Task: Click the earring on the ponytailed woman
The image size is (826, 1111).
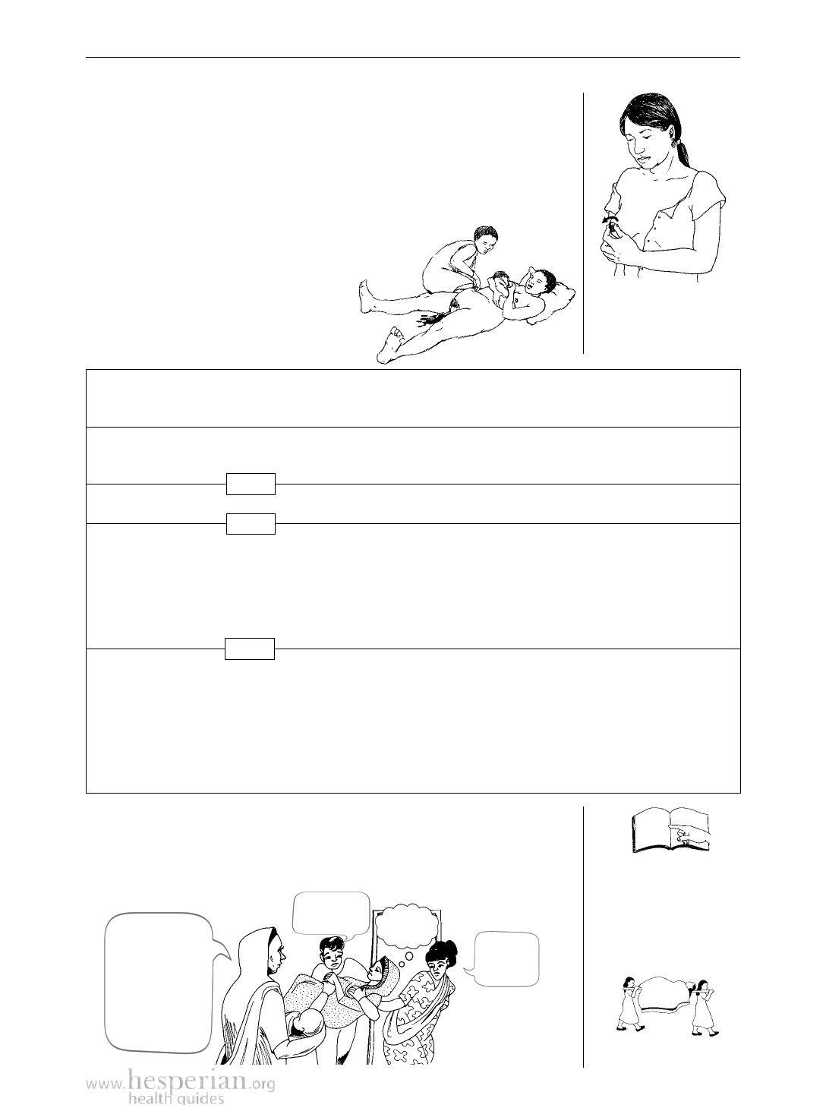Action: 680,145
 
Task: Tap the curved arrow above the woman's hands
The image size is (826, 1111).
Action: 610,220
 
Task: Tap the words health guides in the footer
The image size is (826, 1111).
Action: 176,1099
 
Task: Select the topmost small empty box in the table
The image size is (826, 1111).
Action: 251,484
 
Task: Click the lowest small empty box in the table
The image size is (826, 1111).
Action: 250,649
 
